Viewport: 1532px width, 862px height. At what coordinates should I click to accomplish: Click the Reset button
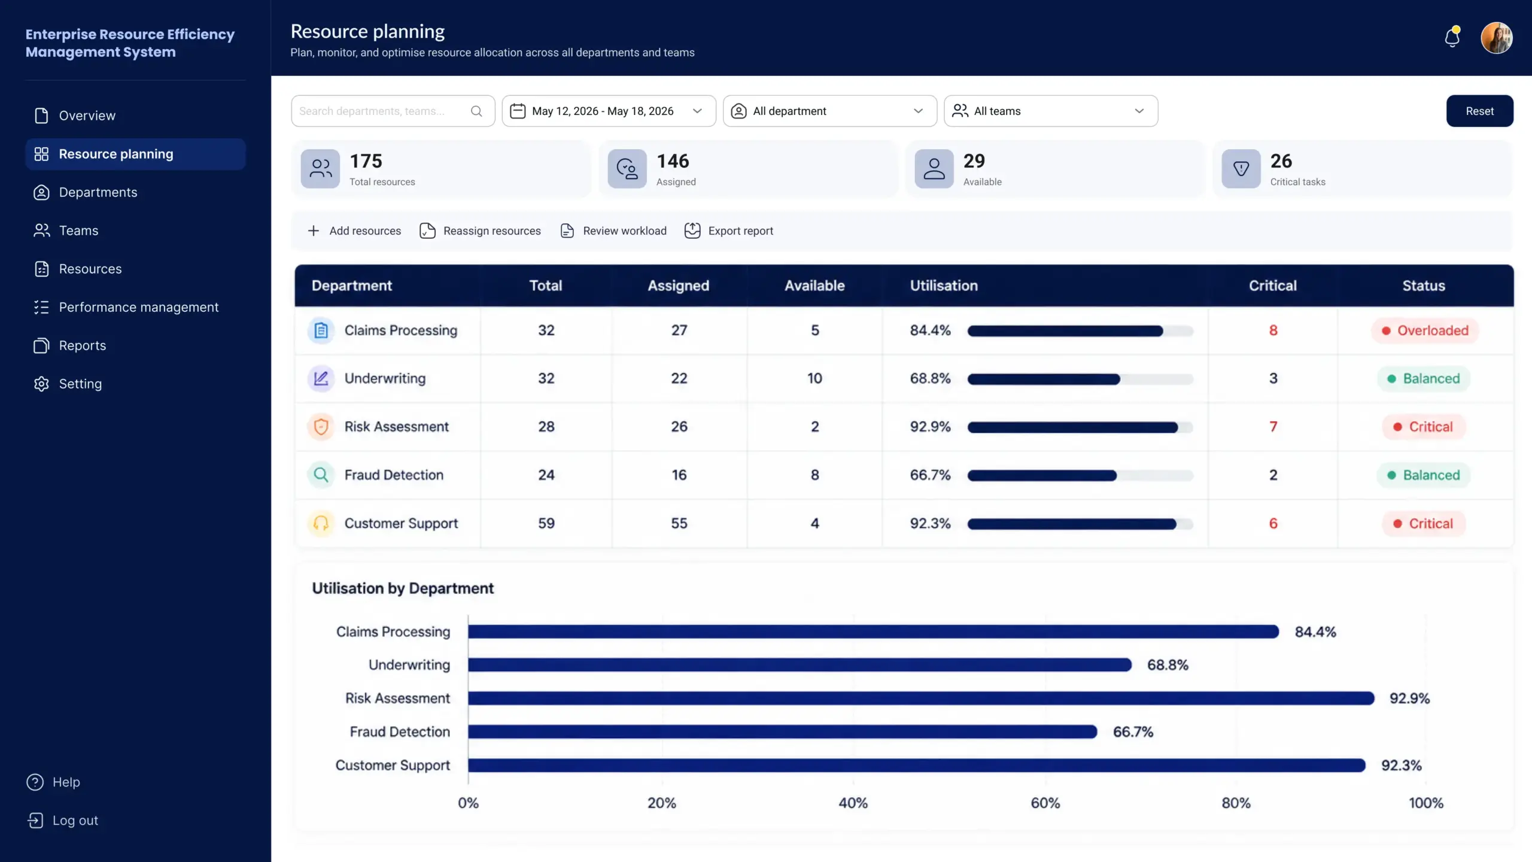click(x=1479, y=111)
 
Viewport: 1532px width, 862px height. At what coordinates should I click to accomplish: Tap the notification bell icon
click(x=1452, y=37)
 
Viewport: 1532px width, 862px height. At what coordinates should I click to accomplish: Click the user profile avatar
click(x=1497, y=38)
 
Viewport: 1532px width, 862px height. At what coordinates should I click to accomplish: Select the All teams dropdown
click(x=1051, y=111)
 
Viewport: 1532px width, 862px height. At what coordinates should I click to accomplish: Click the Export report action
click(x=729, y=230)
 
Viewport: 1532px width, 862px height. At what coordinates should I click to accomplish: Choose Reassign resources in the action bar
click(x=480, y=230)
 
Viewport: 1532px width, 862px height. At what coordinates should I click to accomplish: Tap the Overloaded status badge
click(x=1425, y=330)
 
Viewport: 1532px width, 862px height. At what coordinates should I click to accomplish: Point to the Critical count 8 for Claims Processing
click(x=1273, y=330)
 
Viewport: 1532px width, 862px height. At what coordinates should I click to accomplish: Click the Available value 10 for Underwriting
click(x=814, y=378)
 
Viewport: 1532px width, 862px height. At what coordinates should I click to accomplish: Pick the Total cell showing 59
click(x=546, y=523)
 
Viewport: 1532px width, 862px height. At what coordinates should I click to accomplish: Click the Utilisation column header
click(x=944, y=286)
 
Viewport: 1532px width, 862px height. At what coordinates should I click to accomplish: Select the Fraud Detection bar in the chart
click(x=783, y=732)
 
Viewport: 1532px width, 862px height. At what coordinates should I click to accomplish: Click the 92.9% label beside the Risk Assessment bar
click(x=1409, y=698)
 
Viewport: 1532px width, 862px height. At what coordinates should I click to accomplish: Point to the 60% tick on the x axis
click(x=1045, y=803)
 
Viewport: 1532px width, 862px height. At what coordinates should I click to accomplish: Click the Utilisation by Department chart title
click(x=403, y=588)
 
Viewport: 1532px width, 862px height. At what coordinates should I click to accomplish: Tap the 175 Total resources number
click(x=366, y=161)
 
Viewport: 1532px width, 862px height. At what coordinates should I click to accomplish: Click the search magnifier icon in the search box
click(x=476, y=111)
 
